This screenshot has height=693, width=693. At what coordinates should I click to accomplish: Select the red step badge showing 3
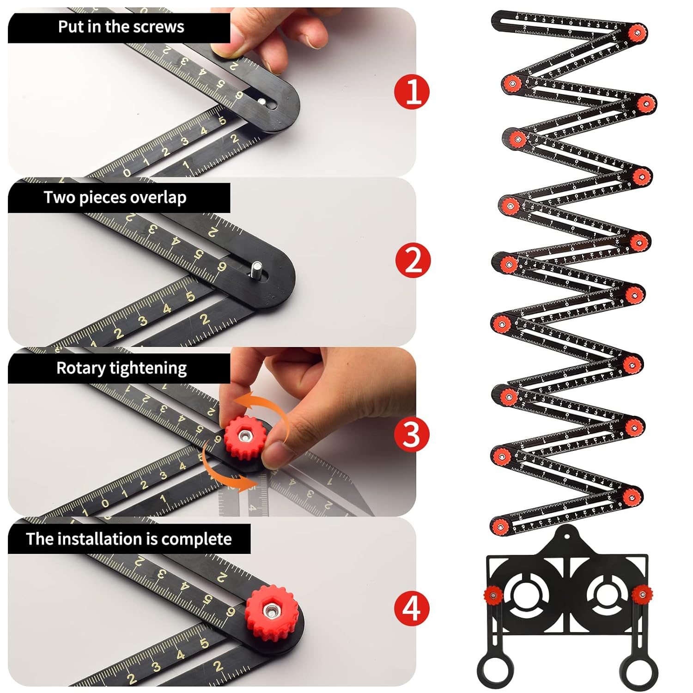pyautogui.click(x=412, y=434)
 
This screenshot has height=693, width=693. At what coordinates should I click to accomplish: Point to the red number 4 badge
pyautogui.click(x=412, y=608)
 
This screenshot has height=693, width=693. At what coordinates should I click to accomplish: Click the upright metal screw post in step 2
pyautogui.click(x=256, y=269)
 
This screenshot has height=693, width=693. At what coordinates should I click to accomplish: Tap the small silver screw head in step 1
pyautogui.click(x=262, y=102)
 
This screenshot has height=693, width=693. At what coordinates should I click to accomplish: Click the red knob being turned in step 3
pyautogui.click(x=243, y=437)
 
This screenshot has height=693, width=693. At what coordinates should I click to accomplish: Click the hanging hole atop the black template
pyautogui.click(x=567, y=536)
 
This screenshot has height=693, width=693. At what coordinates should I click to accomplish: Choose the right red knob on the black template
pyautogui.click(x=642, y=593)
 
